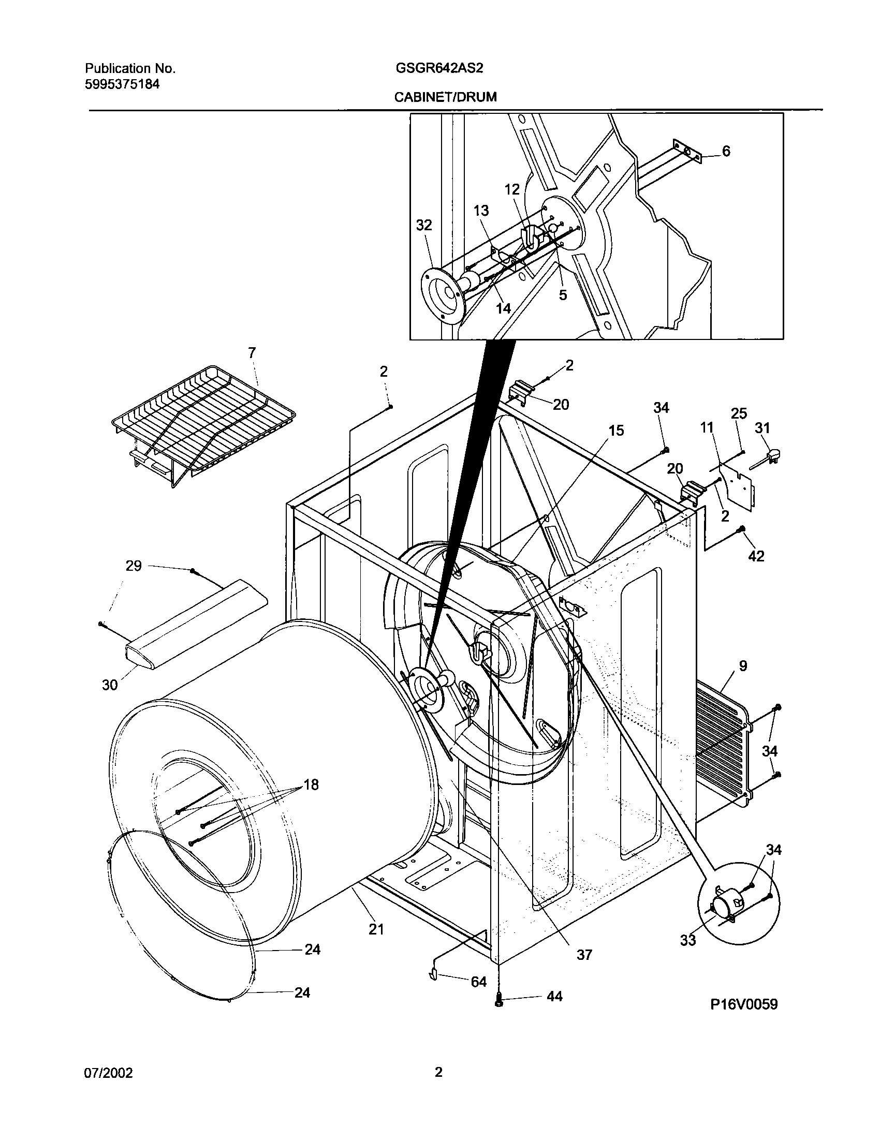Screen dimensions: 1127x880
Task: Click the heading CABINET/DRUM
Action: coord(445,97)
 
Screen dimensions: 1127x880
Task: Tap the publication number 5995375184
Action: coord(122,84)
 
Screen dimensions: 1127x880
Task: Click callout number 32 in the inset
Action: coord(424,225)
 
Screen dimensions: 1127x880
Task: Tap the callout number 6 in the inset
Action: coord(726,151)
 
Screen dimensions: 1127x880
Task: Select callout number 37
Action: coord(584,955)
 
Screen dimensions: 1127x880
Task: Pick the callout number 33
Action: coord(687,940)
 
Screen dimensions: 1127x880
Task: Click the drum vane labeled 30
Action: coord(197,626)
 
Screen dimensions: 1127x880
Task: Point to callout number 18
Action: coord(311,785)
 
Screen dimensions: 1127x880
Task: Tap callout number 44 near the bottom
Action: coord(554,997)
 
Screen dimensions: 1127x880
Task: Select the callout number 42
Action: coord(756,556)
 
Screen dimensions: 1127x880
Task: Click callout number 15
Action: coord(616,431)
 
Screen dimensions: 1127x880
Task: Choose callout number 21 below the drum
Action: coord(376,929)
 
